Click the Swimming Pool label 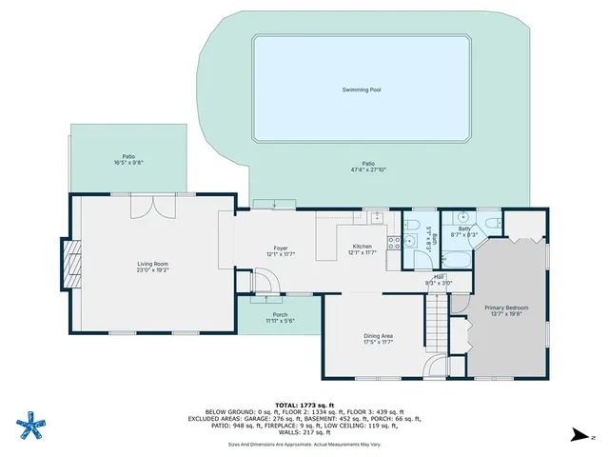coord(362,90)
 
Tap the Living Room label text coord(152,264)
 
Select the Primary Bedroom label coord(506,308)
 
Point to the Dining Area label coord(378,335)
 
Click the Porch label coord(280,315)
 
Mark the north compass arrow coord(580,435)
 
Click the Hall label coord(440,276)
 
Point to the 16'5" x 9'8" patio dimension coord(128,163)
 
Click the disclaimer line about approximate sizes coord(304,445)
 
